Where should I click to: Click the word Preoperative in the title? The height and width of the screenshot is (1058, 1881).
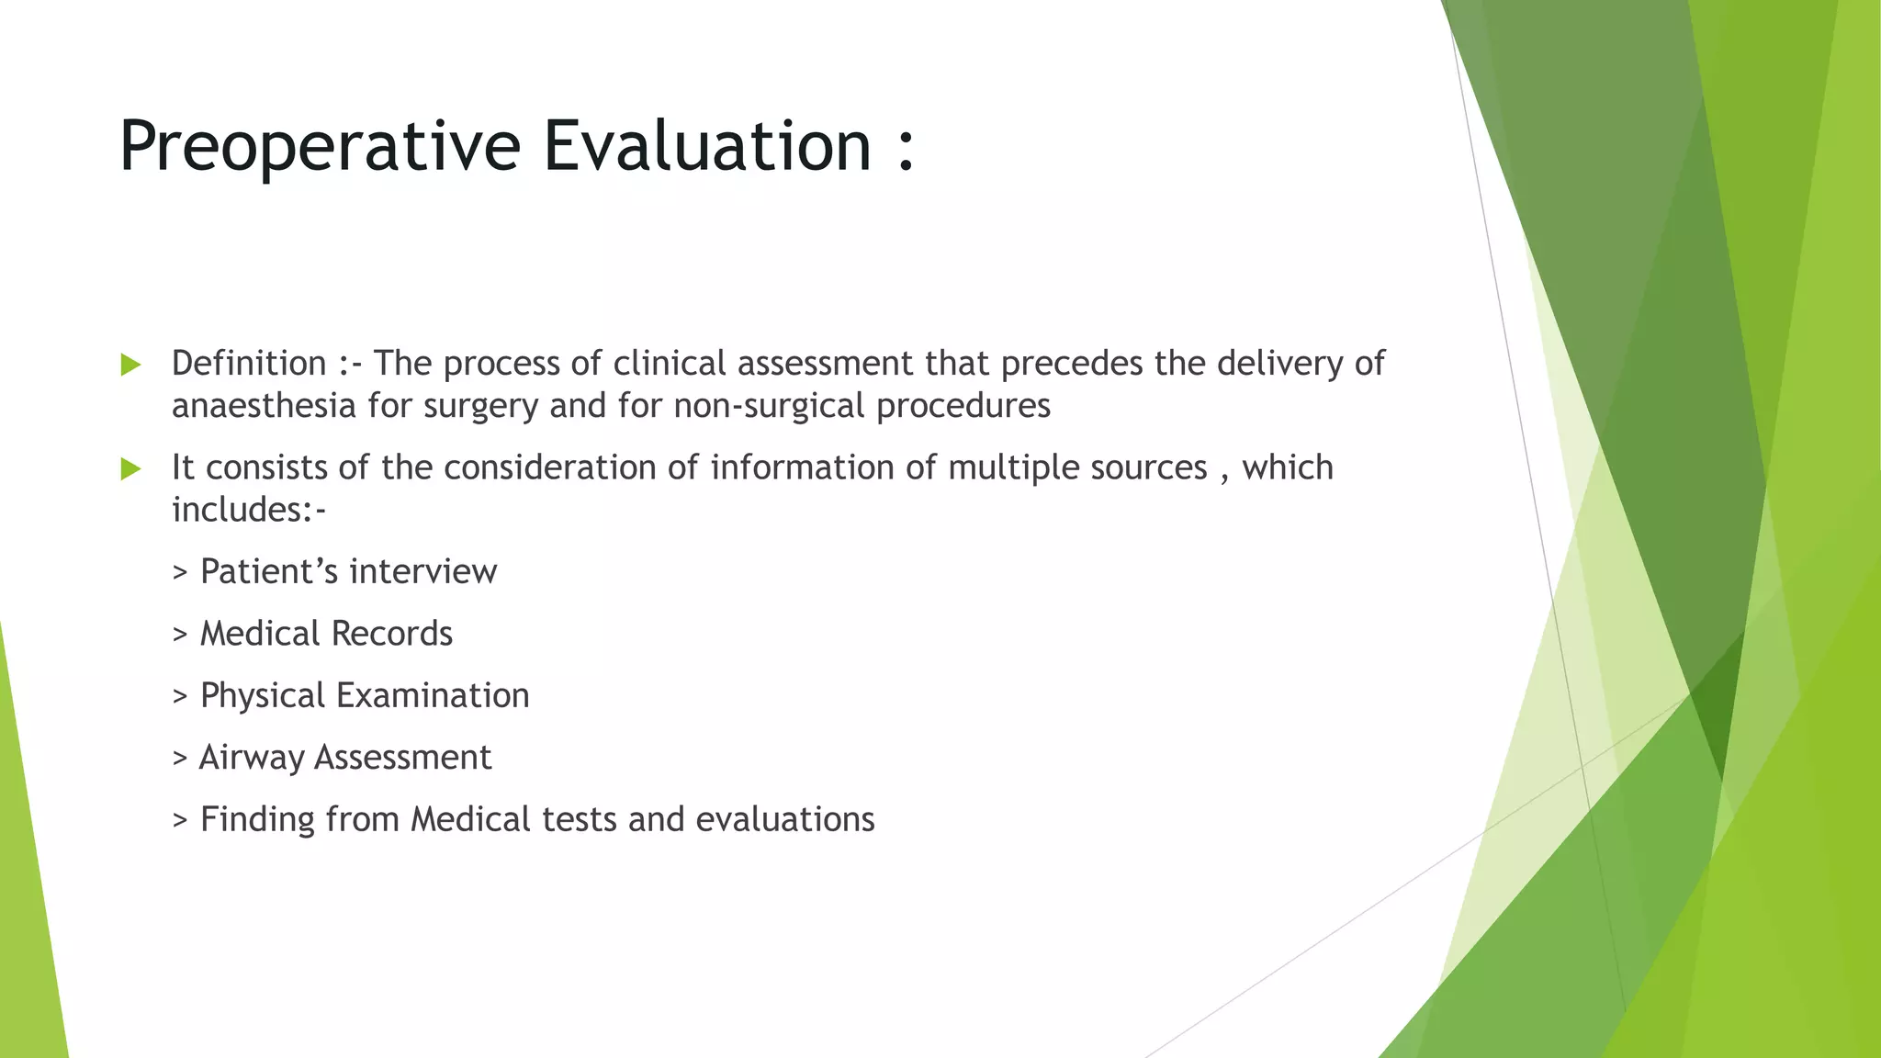coord(320,147)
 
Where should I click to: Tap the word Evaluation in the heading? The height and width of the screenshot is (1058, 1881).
coord(706,147)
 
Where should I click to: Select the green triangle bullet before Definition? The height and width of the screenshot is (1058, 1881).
coord(130,366)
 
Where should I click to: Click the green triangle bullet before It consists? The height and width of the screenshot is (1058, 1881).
coord(130,469)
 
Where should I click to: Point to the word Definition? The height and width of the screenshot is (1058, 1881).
coord(249,364)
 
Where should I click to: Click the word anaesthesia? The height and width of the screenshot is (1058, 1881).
coord(264,406)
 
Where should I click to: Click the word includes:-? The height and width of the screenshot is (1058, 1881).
coord(249,510)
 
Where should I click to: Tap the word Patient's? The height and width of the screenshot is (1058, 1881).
coord(269,572)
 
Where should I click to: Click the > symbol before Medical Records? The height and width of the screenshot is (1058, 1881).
coord(180,635)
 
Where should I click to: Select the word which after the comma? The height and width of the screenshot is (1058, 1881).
coord(1288,467)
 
